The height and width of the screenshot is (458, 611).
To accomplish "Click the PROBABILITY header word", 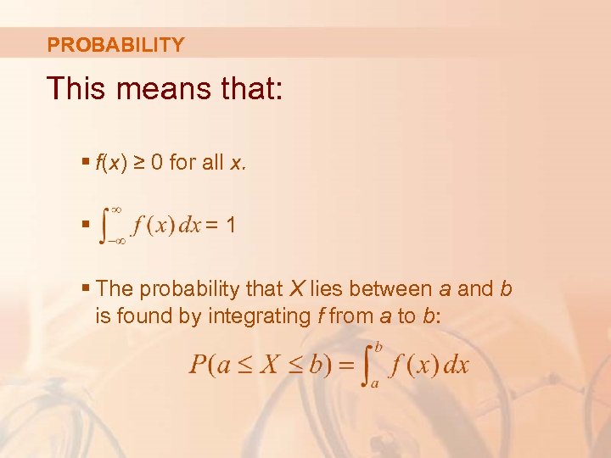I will pyautogui.click(x=115, y=45).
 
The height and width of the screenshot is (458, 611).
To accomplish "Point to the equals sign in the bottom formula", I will pyautogui.click(x=345, y=366).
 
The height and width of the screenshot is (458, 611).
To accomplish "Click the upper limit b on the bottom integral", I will pyautogui.click(x=378, y=346).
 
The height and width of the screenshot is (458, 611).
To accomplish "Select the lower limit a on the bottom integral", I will pyautogui.click(x=373, y=384).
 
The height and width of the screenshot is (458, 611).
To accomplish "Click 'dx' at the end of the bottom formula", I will pyautogui.click(x=457, y=366).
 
